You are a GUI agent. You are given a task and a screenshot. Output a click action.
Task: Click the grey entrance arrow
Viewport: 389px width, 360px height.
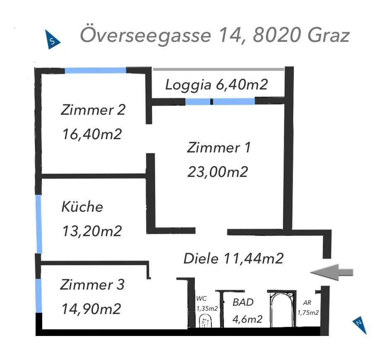point(331,272)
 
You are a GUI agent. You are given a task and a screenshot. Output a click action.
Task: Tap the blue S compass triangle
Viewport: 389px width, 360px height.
point(52,40)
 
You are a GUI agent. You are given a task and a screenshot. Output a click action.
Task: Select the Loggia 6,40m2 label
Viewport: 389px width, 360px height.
point(216,85)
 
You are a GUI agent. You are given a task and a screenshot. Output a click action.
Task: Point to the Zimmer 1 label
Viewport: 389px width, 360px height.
point(219,147)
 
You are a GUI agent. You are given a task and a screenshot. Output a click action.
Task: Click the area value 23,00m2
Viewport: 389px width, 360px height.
point(218,172)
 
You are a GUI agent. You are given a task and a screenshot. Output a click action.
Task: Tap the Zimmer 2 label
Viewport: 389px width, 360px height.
point(93,109)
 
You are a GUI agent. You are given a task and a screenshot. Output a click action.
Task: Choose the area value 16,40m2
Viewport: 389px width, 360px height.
point(92,134)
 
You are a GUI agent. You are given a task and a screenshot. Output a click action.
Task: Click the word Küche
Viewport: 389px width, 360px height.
point(82,206)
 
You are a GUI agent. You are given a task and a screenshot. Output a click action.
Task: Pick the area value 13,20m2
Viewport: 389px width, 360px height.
point(92,231)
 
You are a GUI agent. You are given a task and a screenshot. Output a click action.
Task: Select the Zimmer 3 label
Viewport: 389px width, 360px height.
point(92,284)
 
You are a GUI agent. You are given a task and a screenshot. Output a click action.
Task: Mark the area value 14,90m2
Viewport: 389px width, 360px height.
point(91,309)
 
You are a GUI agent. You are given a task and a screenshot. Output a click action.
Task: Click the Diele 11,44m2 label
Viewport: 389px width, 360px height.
point(233,258)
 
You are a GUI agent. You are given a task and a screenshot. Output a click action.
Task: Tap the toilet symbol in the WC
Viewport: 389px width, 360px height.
point(205,321)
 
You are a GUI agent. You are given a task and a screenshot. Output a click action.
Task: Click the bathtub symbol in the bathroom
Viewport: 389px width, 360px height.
point(281,309)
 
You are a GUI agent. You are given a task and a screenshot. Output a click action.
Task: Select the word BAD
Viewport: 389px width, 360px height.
point(243,302)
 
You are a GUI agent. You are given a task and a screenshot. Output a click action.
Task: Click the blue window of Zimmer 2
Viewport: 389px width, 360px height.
point(96,70)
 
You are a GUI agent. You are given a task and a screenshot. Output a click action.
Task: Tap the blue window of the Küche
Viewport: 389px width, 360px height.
point(39,224)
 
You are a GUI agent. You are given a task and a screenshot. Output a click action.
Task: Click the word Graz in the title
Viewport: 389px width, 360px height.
point(329,35)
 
